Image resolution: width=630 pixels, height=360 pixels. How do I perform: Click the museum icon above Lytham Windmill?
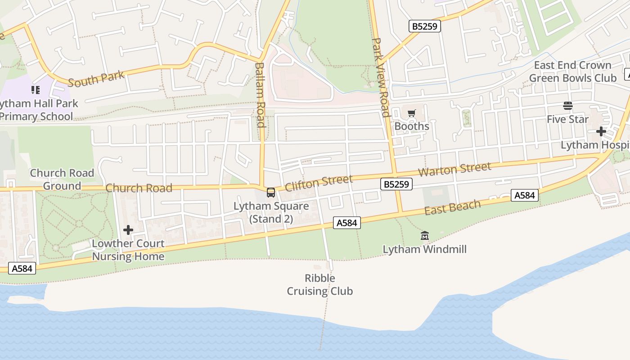pos(425,235)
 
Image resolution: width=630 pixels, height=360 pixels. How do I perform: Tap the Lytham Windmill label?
pos(425,249)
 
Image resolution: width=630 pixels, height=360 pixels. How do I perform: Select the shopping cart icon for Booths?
pos(412,113)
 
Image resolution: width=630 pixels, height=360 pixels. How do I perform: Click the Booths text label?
pos(412,126)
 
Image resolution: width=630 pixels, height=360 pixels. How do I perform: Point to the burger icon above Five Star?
pos(568,106)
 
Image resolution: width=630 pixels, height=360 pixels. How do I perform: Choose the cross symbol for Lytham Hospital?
pos(601,131)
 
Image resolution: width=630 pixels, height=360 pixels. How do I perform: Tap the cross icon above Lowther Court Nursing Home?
pos(128,230)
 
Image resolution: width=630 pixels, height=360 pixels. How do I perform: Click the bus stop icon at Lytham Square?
pos(271,193)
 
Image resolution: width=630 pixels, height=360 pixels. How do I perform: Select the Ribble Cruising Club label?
pos(320,284)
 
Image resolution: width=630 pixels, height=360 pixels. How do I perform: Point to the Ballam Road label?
pos(260,94)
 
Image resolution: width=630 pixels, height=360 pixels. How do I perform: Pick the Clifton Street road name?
pos(319,183)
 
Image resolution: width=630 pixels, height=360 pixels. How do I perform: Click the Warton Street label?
pos(454,170)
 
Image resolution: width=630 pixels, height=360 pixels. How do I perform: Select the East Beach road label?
pos(452,207)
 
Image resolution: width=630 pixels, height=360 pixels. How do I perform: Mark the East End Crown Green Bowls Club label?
pos(572,72)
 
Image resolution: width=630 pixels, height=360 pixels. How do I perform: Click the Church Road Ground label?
pos(62,180)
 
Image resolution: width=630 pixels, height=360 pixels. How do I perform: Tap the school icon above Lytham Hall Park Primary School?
pos(36,90)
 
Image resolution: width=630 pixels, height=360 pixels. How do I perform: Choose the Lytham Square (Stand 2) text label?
pos(271,212)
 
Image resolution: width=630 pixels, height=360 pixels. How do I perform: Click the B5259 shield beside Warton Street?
pos(396,184)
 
